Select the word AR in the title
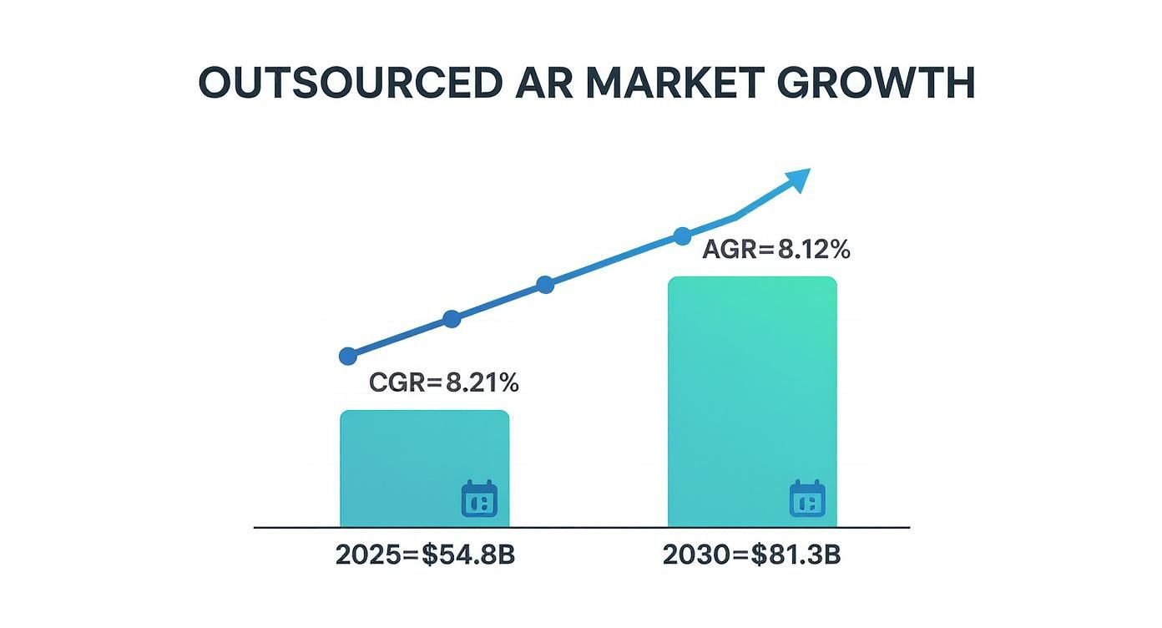tap(536, 84)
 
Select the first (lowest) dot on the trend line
tap(349, 357)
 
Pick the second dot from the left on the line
tap(452, 319)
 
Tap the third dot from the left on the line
tap(545, 285)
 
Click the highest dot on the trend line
tap(682, 235)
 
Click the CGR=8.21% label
tap(443, 383)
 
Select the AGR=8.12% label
tap(776, 250)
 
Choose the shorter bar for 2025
tap(424, 468)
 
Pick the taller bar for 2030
tap(752, 401)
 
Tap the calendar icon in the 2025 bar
tap(479, 499)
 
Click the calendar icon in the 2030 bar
tap(807, 499)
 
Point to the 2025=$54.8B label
tap(425, 555)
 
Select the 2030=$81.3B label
tap(751, 555)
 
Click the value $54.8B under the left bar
tap(467, 555)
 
